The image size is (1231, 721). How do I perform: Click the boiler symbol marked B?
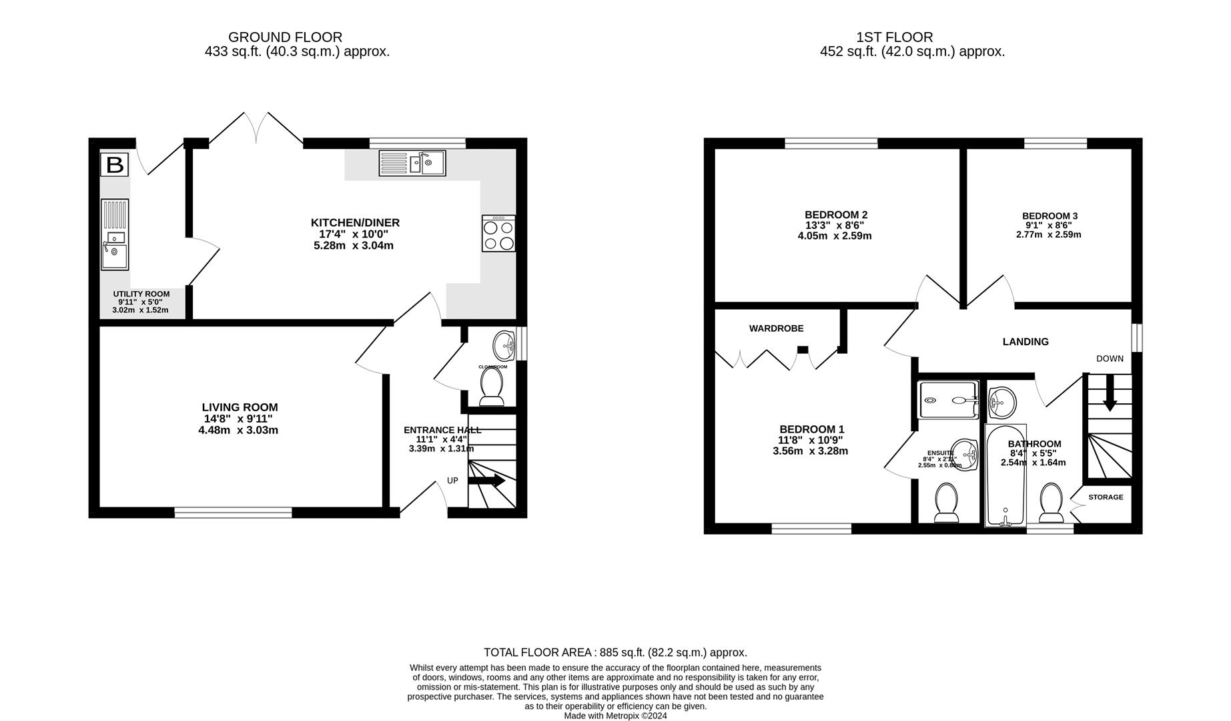pos(115,164)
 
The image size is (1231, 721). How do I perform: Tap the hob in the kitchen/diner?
pos(498,233)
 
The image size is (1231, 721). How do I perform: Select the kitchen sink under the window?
pos(412,163)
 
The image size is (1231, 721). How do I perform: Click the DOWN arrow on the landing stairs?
pos(1110,394)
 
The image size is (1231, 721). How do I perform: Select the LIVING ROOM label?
pos(240,407)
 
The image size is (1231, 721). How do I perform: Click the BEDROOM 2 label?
pos(835,215)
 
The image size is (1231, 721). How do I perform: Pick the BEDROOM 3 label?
pos(1050,216)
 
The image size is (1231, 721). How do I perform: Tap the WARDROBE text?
pos(776,328)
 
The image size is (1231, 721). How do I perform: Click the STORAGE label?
pos(1106,497)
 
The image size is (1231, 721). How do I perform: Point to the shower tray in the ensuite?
pos(947,400)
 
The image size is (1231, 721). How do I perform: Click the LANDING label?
pos(1025,342)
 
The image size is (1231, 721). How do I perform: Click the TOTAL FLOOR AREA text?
pos(614,652)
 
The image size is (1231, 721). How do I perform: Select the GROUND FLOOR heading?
pos(285,37)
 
